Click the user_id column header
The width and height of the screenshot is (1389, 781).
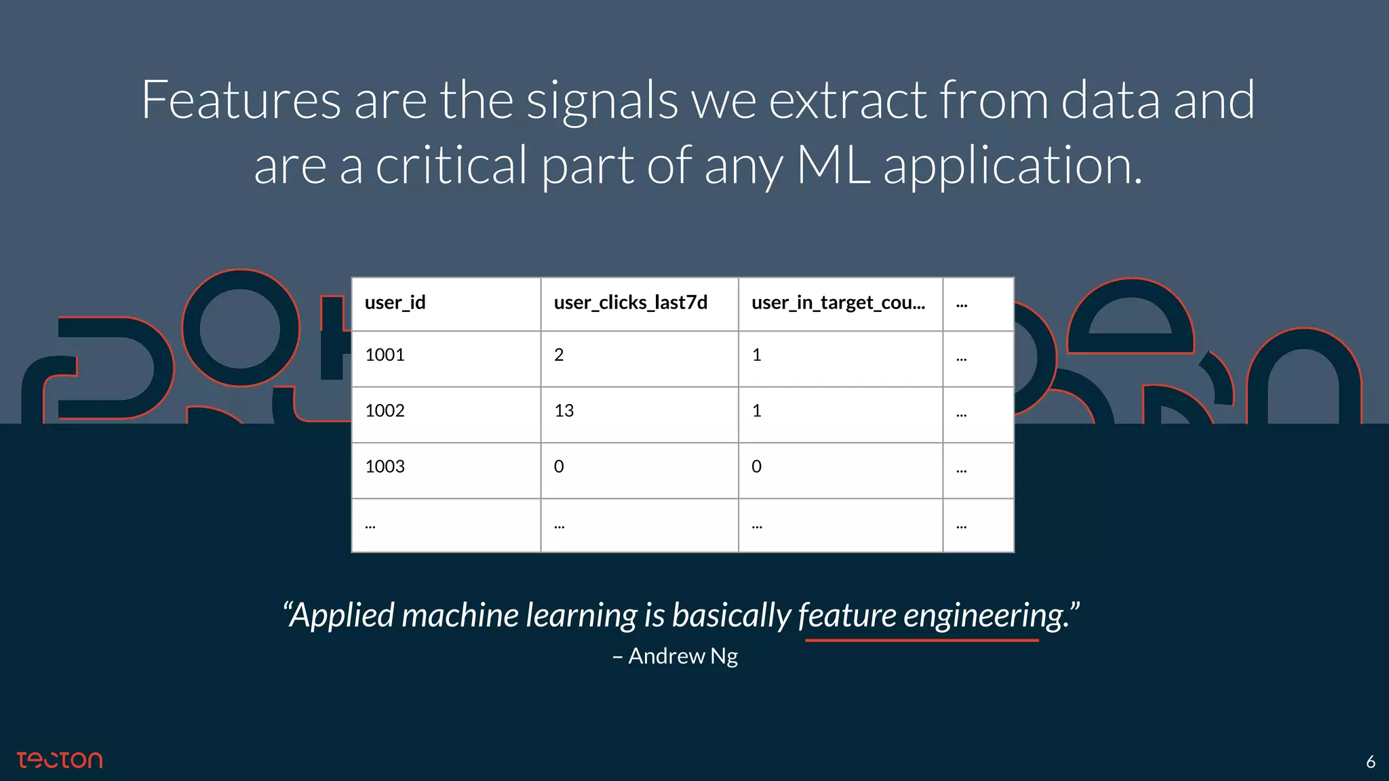point(395,302)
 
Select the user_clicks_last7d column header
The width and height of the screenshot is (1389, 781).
point(630,302)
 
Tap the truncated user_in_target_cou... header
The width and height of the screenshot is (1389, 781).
point(838,302)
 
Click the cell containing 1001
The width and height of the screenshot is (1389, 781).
point(385,355)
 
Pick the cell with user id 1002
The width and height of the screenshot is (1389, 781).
point(385,411)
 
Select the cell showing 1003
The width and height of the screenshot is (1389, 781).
point(385,466)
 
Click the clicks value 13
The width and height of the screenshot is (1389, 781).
point(564,411)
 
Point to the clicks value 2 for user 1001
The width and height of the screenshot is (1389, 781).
point(559,355)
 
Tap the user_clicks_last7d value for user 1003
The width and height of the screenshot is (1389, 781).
point(559,466)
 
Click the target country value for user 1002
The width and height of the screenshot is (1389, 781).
point(757,411)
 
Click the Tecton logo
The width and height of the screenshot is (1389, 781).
point(60,760)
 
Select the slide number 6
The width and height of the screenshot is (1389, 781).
point(1370,762)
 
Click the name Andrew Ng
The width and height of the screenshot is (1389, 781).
point(682,656)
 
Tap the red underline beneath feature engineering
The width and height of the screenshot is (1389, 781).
point(922,639)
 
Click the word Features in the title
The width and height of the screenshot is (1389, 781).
point(241,100)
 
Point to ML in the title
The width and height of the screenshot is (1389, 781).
point(834,165)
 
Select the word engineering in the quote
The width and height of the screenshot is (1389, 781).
point(987,616)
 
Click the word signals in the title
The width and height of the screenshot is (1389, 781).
point(602,100)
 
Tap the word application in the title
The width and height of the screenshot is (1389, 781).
point(1013,165)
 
